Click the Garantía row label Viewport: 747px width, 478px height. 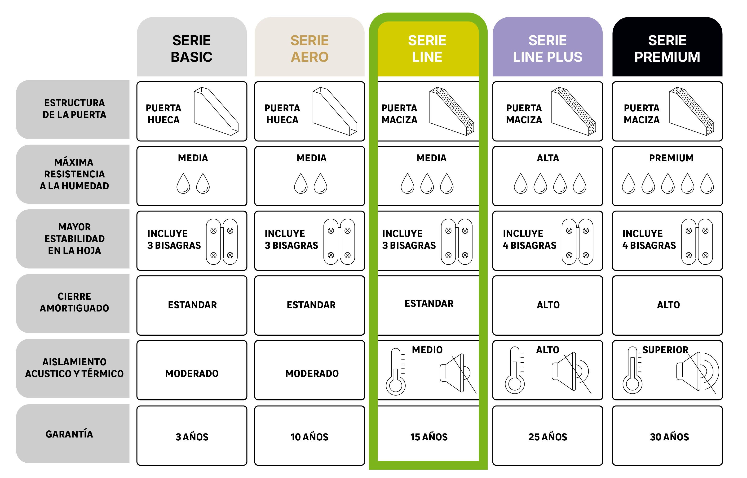pyautogui.click(x=69, y=434)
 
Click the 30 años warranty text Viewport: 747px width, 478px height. pyautogui.click(x=669, y=437)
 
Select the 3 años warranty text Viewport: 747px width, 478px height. pyautogui.click(x=192, y=437)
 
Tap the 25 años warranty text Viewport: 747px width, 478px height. pyautogui.click(x=547, y=437)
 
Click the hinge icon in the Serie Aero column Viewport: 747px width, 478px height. pyautogui.click(x=339, y=242)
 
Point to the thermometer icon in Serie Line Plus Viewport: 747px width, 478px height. pyautogui.click(x=515, y=370)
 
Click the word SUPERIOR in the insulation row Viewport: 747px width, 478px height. pyautogui.click(x=665, y=350)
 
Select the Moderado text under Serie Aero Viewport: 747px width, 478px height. pyautogui.click(x=312, y=373)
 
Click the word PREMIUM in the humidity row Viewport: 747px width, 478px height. pyautogui.click(x=671, y=158)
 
